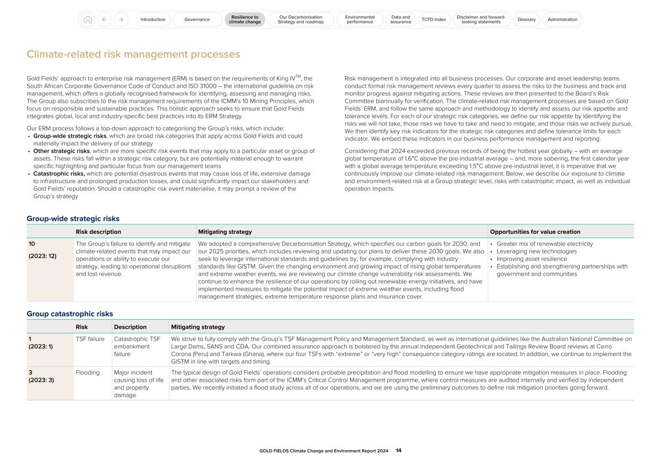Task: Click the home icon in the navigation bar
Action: click(88, 20)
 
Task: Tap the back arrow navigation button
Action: click(105, 20)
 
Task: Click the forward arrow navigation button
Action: click(121, 20)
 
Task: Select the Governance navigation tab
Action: click(197, 20)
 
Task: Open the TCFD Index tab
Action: click(433, 20)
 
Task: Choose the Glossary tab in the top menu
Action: click(526, 20)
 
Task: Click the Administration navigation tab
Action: click(562, 20)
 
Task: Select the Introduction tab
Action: click(153, 20)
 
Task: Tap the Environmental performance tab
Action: click(360, 20)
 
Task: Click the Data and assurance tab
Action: click(400, 20)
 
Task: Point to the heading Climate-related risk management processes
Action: click(133, 54)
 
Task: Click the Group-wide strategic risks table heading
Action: click(73, 219)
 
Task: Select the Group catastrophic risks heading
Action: click(70, 314)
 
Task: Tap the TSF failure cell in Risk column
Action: click(90, 339)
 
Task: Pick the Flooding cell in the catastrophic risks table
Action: click(88, 373)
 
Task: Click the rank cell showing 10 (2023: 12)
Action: click(43, 250)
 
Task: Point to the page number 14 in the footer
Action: click(399, 451)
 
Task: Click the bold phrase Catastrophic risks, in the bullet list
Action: click(59, 174)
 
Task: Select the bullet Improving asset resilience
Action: click(525, 259)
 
